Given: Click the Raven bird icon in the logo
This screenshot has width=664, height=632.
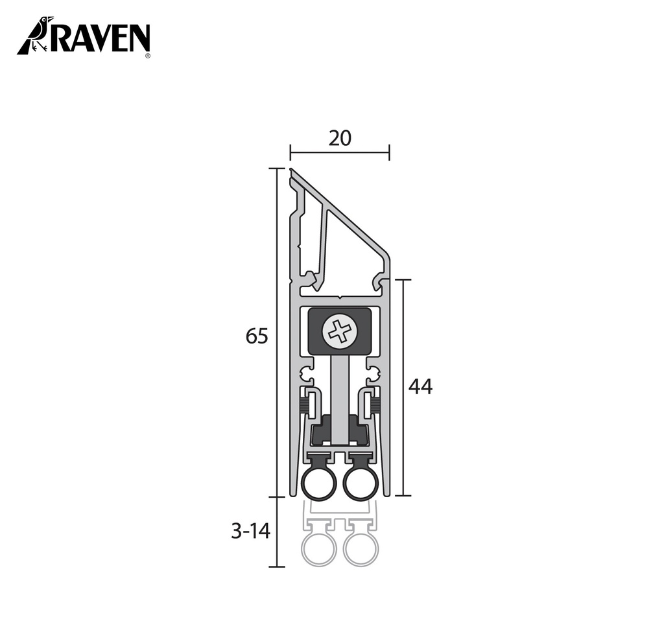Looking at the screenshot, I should tap(36, 36).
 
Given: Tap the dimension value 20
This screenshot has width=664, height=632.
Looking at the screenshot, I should tap(339, 138).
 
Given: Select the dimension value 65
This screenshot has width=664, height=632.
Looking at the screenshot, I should tap(257, 336).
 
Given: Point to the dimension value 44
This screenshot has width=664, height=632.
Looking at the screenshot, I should tap(420, 387).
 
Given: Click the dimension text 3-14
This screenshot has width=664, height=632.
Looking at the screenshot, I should tap(250, 532).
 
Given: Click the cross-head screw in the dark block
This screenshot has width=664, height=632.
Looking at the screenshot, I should tap(340, 332).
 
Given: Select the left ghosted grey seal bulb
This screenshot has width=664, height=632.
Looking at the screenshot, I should tap(319, 550).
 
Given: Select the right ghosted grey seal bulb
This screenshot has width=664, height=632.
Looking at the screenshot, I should tap(361, 550).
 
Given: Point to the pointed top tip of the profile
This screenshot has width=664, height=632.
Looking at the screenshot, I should tap(292, 171).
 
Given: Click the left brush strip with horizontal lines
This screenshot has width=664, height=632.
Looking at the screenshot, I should tap(303, 407).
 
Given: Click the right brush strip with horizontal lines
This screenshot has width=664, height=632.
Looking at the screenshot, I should tap(376, 407).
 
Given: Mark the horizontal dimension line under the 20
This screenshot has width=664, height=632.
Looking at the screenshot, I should tap(339, 153).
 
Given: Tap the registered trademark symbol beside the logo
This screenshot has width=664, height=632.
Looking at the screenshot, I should tap(148, 56).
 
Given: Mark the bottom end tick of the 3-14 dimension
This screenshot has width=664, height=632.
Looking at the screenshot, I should tap(277, 567).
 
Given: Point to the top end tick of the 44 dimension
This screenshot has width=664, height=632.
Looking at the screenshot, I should tap(403, 280).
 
